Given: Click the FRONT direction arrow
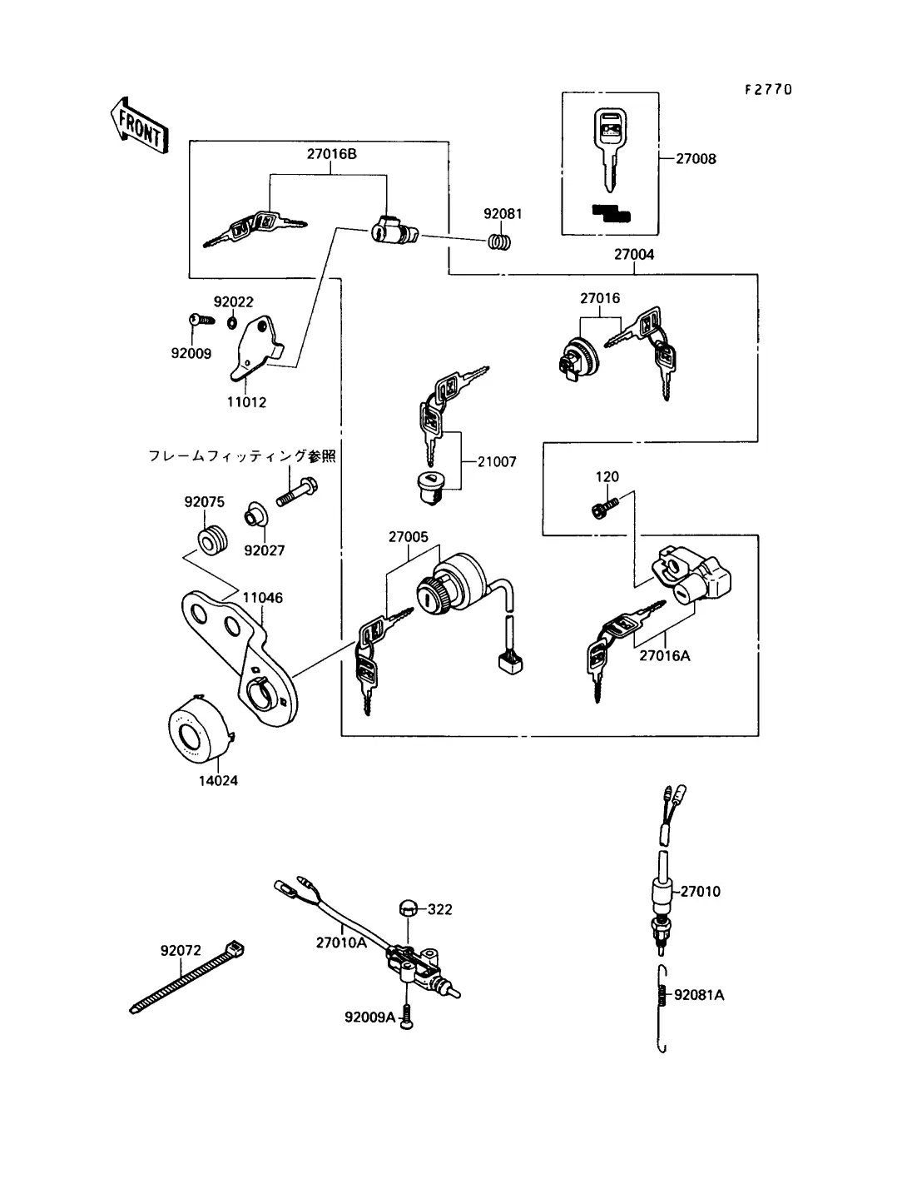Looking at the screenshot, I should pos(139,125).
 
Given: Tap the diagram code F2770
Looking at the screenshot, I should pos(767,89).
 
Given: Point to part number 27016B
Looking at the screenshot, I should pos(331,154).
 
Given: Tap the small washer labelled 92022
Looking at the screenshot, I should pos(231,322).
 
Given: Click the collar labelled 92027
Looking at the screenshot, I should pos(254,517).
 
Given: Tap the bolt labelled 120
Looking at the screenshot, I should pos(603,507).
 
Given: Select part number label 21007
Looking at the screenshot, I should pos(497,461).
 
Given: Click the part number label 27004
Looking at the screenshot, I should pos(633,255).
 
